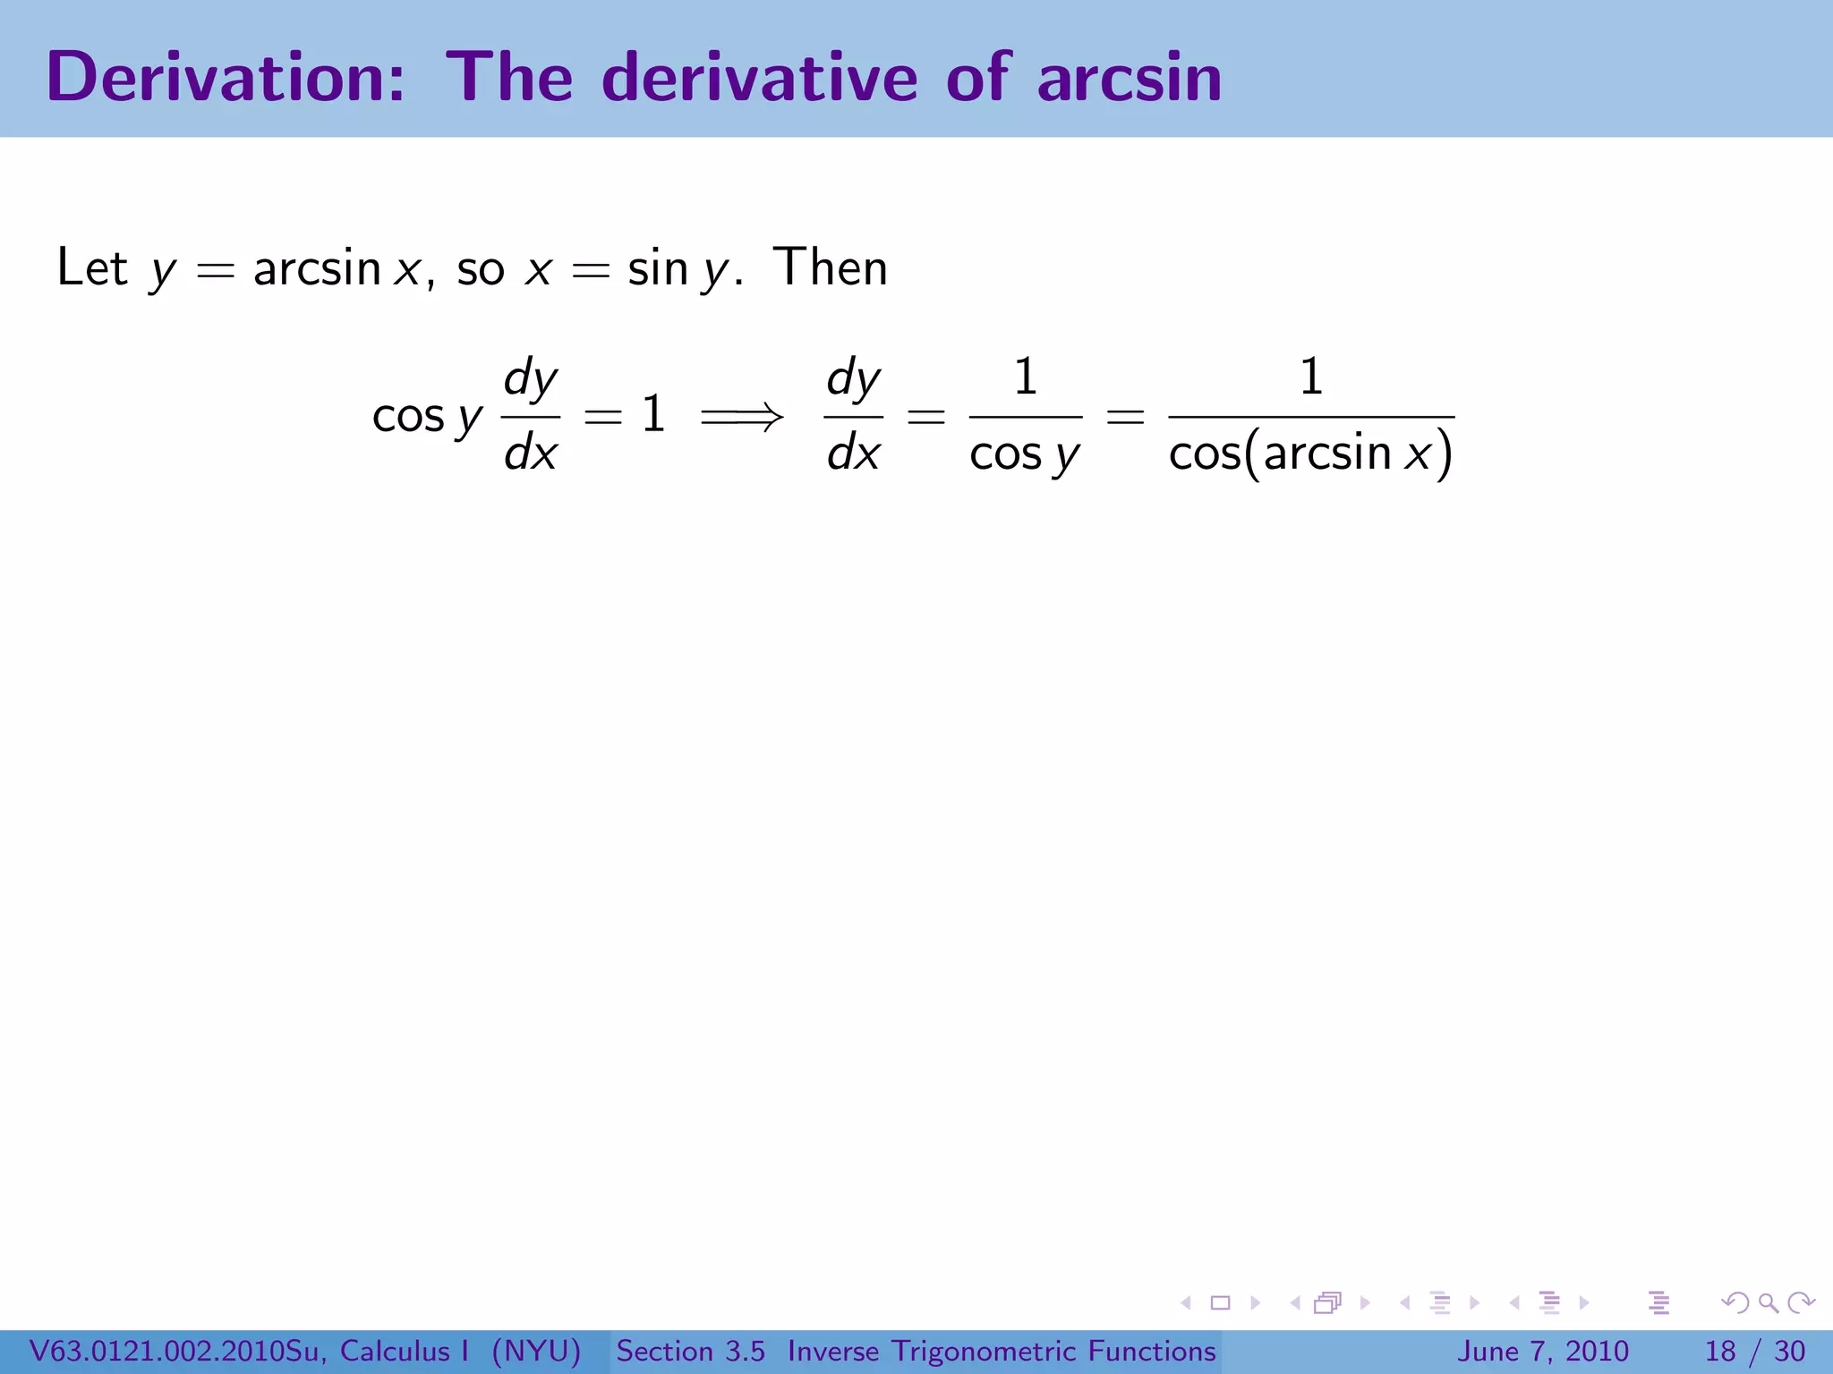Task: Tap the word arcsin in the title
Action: point(1130,77)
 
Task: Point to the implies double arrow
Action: point(742,416)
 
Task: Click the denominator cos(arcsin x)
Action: point(1310,453)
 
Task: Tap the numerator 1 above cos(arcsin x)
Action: point(1310,376)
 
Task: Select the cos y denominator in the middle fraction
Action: point(1025,454)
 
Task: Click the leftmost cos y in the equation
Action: point(427,416)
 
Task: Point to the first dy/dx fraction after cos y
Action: point(530,416)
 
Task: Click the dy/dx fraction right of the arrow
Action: point(853,416)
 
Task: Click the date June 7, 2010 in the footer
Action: point(1543,1351)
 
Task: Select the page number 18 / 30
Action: point(1754,1351)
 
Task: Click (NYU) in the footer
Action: point(536,1351)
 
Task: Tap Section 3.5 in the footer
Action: point(690,1351)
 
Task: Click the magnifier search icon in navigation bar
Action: point(1768,1302)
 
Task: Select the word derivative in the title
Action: point(760,77)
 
